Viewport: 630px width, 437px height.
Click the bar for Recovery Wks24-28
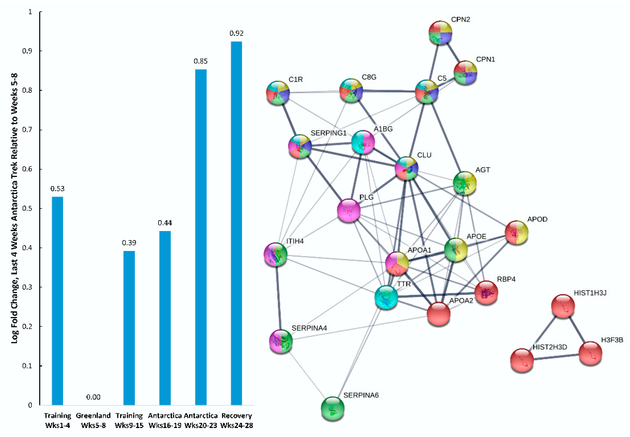[x=236, y=223]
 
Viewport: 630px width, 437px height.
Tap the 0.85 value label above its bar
[x=201, y=61]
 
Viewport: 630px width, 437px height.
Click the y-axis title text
[x=14, y=208]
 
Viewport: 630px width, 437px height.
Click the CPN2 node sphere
[x=440, y=32]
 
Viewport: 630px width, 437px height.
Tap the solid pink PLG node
[x=348, y=210]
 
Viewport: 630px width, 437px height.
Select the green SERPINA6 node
[x=332, y=408]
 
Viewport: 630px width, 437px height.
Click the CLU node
[x=407, y=168]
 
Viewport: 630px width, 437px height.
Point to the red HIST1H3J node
[x=563, y=306]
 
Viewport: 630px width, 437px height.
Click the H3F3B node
[x=590, y=353]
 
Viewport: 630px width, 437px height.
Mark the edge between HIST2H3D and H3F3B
[x=556, y=357]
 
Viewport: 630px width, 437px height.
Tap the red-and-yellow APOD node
[x=516, y=232]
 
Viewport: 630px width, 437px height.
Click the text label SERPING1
[x=328, y=133]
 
